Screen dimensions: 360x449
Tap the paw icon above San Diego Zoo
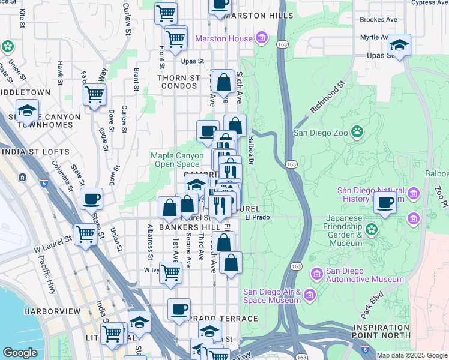357,131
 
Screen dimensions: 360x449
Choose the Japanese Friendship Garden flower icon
371,229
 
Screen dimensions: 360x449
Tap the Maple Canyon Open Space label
177,160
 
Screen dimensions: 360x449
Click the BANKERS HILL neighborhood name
184,228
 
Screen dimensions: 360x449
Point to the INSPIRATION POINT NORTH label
381,331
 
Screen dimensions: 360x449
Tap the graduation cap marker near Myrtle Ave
399,45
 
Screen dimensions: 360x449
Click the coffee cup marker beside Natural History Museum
385,203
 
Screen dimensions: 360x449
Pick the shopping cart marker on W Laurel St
86,235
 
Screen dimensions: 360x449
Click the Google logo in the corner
20,353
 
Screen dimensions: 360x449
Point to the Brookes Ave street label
378,19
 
